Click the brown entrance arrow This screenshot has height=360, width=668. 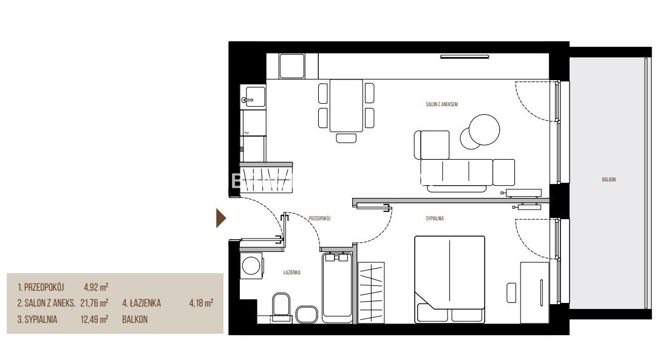coord(220,218)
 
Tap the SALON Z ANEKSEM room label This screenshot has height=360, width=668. coord(441,104)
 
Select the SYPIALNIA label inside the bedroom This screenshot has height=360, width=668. coord(435,219)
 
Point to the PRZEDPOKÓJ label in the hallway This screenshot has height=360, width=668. coord(319,218)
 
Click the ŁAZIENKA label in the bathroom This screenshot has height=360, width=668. coord(292,272)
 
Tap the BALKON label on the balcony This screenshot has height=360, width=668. coord(608,180)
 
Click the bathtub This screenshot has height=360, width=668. coord(338,288)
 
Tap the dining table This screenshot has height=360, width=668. coord(346,105)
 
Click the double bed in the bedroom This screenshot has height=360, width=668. coord(449,279)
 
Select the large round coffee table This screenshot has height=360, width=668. coord(485,128)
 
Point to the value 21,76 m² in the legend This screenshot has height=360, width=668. coord(94,304)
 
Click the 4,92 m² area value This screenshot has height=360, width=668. coord(96,287)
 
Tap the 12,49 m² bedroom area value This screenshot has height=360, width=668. coord(94,319)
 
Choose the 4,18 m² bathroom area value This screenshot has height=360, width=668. coord(201,304)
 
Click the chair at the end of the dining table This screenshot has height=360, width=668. coord(346,138)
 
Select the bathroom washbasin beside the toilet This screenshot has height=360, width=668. coord(306,314)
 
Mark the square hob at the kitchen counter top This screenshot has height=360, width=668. coord(292,66)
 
